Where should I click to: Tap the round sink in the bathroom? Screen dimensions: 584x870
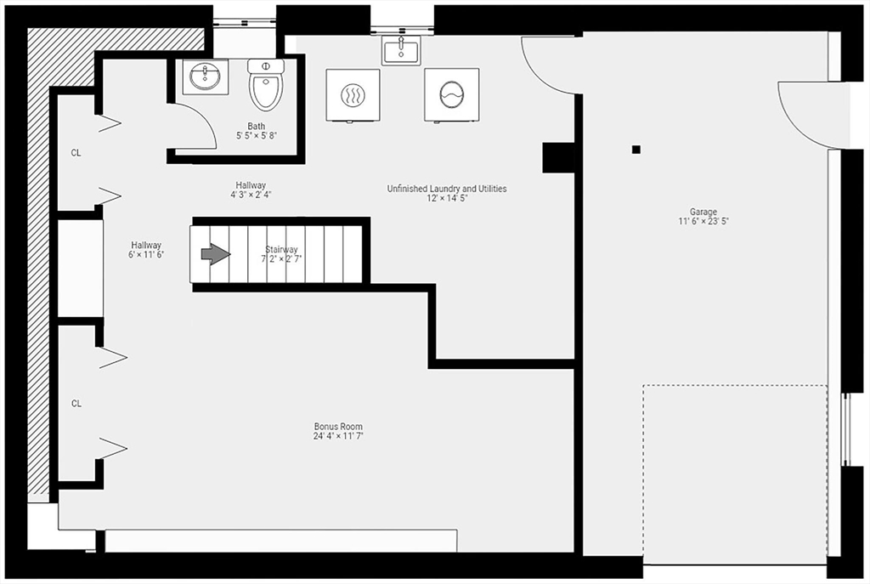pyautogui.click(x=205, y=77)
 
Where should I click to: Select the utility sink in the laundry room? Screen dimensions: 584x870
pyautogui.click(x=399, y=50)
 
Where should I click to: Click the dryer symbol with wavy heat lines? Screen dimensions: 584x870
pyautogui.click(x=353, y=94)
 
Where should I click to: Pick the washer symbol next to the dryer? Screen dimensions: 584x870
pyautogui.click(x=451, y=94)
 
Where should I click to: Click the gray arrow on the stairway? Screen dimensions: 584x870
pyautogui.click(x=215, y=253)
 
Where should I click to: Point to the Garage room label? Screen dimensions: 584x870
pyautogui.click(x=703, y=212)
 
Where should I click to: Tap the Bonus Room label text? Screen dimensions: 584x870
pyautogui.click(x=338, y=427)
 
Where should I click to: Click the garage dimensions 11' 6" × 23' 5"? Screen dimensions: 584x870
pyautogui.click(x=703, y=222)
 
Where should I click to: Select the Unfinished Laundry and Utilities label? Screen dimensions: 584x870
pyautogui.click(x=446, y=189)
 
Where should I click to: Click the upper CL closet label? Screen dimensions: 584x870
pyautogui.click(x=76, y=154)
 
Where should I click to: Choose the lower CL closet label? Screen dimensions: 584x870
pyautogui.click(x=76, y=404)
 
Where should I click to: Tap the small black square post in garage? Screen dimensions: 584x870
pyautogui.click(x=636, y=150)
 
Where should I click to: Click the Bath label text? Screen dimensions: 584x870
pyautogui.click(x=256, y=127)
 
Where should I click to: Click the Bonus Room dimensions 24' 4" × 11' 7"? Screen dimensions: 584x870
pyautogui.click(x=338, y=437)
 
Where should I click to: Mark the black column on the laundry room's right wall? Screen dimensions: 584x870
pyautogui.click(x=558, y=157)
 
